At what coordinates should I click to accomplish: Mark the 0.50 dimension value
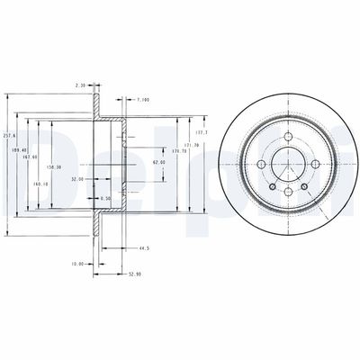pyautogui.click(x=106, y=198)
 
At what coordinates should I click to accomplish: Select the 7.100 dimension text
pyautogui.click(x=144, y=99)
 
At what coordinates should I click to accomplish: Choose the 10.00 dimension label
pyautogui.click(x=77, y=264)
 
